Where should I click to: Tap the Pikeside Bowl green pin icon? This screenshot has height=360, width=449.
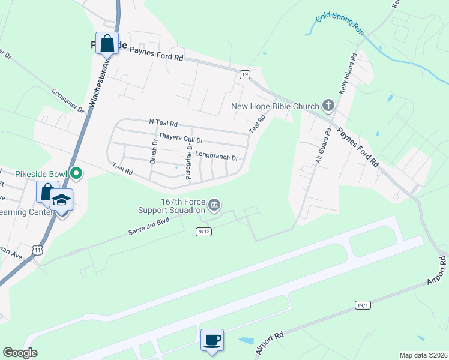click(76, 174)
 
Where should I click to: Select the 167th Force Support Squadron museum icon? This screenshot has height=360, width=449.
click(214, 206)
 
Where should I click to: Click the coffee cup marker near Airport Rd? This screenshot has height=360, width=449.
click(212, 340)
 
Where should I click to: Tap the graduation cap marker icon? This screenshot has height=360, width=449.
click(61, 199)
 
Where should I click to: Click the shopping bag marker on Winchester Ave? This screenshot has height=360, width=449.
click(107, 43)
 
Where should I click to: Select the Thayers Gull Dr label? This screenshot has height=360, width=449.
click(181, 139)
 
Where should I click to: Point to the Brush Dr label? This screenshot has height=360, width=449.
click(154, 152)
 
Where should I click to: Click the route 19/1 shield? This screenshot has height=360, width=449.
click(363, 305)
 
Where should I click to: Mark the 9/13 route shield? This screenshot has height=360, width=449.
click(203, 231)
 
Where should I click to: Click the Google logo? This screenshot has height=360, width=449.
click(20, 353)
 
